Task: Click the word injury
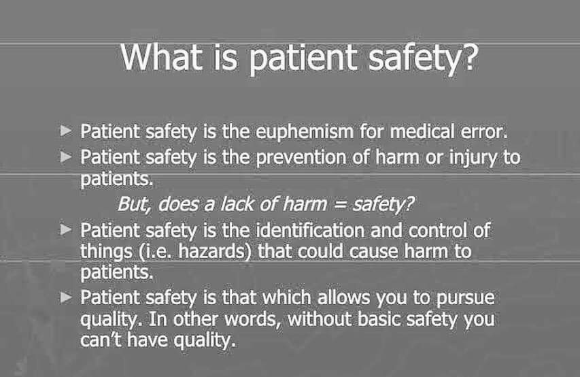(470, 158)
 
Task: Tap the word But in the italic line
(133, 203)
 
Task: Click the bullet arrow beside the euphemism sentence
(65, 129)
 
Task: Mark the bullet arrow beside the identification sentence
(65, 229)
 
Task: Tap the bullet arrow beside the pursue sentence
(65, 297)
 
